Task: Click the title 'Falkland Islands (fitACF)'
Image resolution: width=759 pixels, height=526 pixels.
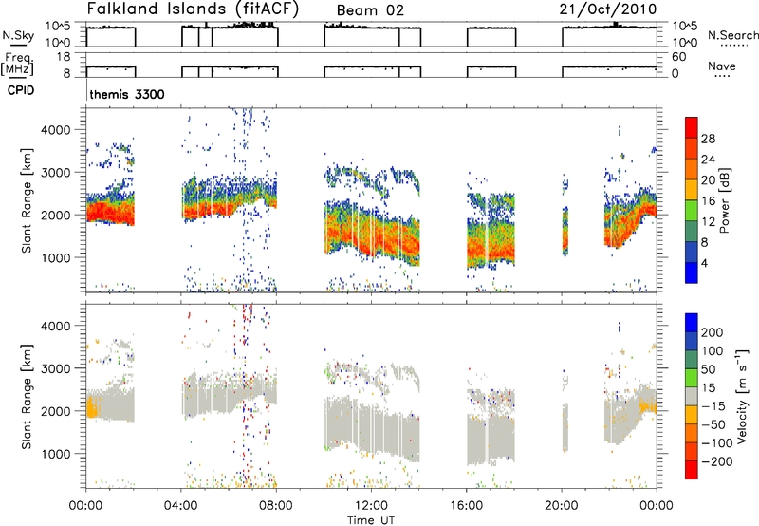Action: click(x=193, y=9)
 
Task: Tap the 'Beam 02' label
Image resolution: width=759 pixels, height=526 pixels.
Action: click(x=370, y=10)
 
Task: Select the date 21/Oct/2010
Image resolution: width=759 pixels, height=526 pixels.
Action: click(x=608, y=9)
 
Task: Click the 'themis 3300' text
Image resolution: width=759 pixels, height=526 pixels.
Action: click(x=127, y=94)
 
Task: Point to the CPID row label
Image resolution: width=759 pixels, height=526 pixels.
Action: click(x=21, y=90)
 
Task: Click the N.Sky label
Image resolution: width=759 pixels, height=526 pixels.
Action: click(x=18, y=35)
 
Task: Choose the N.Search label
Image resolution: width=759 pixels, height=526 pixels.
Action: click(x=732, y=35)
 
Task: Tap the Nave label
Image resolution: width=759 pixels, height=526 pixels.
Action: click(x=722, y=66)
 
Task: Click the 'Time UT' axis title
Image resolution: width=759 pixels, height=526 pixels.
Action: click(x=371, y=520)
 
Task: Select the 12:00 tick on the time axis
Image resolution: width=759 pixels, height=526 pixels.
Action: click(x=371, y=506)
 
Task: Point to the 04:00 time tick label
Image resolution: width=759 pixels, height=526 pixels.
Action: click(x=180, y=506)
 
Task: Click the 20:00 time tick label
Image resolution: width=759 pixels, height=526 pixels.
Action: click(x=561, y=506)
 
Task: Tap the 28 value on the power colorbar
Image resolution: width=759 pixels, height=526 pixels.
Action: click(x=708, y=139)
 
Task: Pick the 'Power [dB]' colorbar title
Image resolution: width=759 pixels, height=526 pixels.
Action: click(x=725, y=200)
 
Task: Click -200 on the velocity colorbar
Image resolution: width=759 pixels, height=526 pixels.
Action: click(x=717, y=461)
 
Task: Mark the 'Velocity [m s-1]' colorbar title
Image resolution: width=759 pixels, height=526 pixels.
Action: click(x=742, y=396)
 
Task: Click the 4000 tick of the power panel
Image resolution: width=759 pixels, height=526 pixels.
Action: click(x=56, y=130)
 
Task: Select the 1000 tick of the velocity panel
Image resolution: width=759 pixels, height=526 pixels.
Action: click(x=56, y=454)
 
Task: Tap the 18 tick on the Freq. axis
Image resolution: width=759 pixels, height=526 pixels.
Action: click(x=64, y=57)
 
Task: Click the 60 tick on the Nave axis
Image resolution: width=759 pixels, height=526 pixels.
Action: click(x=678, y=57)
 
